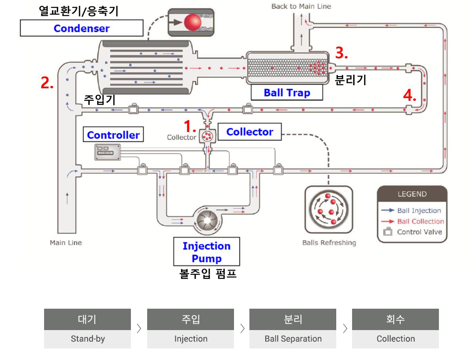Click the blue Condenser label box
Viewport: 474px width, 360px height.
tap(82, 28)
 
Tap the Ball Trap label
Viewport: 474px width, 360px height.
tap(287, 92)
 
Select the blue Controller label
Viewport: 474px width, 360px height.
tap(113, 134)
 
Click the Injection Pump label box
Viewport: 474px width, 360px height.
tap(207, 251)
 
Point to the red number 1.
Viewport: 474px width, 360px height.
tap(190, 126)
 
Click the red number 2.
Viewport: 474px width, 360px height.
tap(47, 83)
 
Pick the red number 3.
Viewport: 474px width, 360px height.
tap(341, 53)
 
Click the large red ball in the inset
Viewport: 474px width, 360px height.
tap(193, 22)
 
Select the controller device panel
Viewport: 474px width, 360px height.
tap(108, 152)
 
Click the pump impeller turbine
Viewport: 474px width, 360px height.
tap(207, 221)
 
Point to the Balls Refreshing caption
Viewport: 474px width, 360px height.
tap(329, 242)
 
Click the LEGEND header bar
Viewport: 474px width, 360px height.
tap(412, 194)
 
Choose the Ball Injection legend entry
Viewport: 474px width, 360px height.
tap(411, 210)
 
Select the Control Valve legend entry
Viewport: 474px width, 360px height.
tap(413, 232)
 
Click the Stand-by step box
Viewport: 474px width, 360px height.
tap(87, 329)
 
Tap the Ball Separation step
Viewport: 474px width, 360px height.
tap(293, 329)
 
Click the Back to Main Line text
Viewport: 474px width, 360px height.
tap(301, 6)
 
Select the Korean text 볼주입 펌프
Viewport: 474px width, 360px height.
tap(207, 274)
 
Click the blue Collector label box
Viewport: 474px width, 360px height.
tap(250, 132)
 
